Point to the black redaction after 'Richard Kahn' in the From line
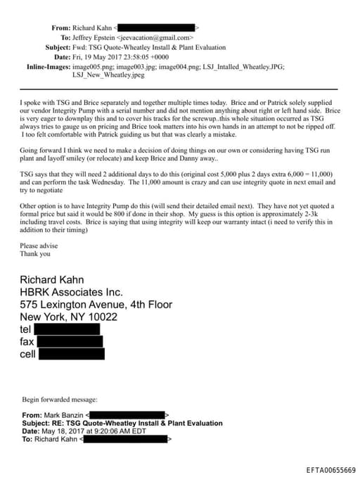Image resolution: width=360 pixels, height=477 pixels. [x=158, y=27]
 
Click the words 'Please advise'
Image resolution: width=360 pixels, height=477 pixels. [x=38, y=246]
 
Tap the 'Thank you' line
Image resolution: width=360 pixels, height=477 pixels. [x=35, y=254]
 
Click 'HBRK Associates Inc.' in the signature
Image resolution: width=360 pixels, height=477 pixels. [x=71, y=292]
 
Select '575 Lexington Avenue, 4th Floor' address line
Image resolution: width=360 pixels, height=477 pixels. [x=96, y=305]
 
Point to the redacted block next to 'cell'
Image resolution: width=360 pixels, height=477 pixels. [x=70, y=353]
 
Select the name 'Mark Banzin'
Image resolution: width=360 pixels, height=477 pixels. [x=62, y=416]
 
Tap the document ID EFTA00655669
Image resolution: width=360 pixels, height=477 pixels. [x=330, y=469]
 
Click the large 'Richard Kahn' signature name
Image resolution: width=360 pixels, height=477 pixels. [x=63, y=279]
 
